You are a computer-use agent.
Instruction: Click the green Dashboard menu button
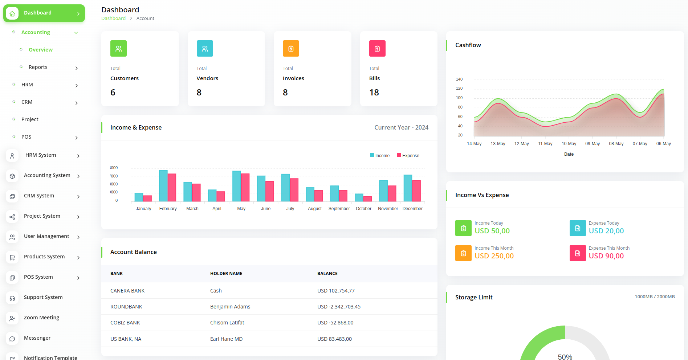coord(44,13)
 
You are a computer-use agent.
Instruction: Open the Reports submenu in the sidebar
coord(38,67)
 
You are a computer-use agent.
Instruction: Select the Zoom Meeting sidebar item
coord(41,318)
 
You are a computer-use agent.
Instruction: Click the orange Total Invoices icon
coord(291,49)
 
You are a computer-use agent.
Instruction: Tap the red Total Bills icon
coord(377,49)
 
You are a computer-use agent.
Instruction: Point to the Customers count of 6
coord(113,93)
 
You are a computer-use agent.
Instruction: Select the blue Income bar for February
coord(163,185)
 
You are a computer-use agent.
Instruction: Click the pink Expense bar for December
coord(416,191)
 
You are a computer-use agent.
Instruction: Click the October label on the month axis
coord(363,209)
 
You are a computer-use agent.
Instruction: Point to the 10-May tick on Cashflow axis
coord(569,144)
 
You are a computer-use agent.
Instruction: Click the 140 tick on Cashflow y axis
coord(459,79)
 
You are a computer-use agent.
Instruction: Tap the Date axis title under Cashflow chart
coord(569,154)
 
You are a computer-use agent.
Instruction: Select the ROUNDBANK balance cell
coord(339,307)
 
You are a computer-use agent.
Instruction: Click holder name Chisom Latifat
coord(227,323)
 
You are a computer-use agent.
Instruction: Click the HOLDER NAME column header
coord(226,274)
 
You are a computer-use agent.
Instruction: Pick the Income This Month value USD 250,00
coord(494,256)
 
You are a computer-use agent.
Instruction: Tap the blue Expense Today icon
coord(577,228)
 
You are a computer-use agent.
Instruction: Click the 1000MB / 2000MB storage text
coord(655,297)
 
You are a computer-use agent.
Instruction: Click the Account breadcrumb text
coord(145,19)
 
